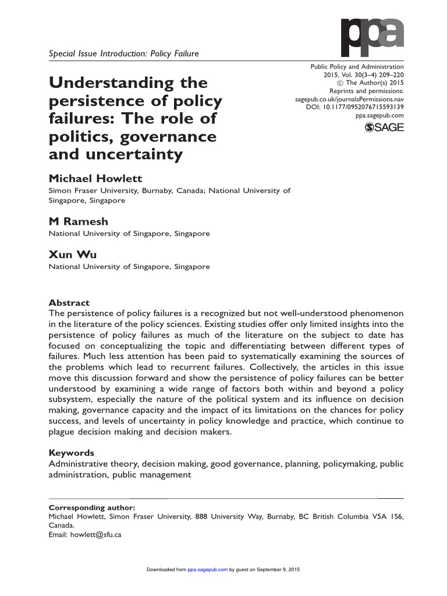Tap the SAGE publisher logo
(x=384, y=128)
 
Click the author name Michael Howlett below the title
(x=95, y=178)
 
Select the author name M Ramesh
(x=78, y=222)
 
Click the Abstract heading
(x=69, y=303)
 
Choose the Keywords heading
(x=72, y=453)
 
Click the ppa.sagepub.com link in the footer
(x=207, y=569)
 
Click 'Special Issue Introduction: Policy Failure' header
(x=123, y=54)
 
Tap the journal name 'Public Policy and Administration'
(x=356, y=67)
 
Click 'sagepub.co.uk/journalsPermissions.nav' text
(x=349, y=99)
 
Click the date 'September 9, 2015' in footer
(x=275, y=569)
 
